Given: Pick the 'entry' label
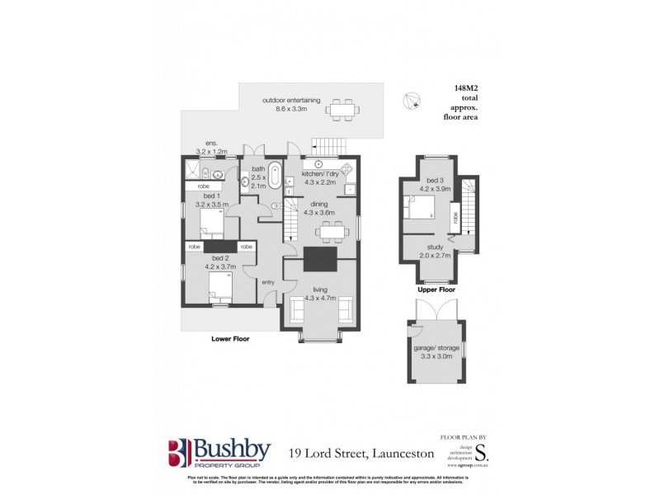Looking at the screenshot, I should click(x=268, y=283).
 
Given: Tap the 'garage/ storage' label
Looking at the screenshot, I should click(x=434, y=350).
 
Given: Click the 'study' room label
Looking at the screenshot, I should click(x=436, y=246).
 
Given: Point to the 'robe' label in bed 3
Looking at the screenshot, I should click(x=455, y=219).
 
